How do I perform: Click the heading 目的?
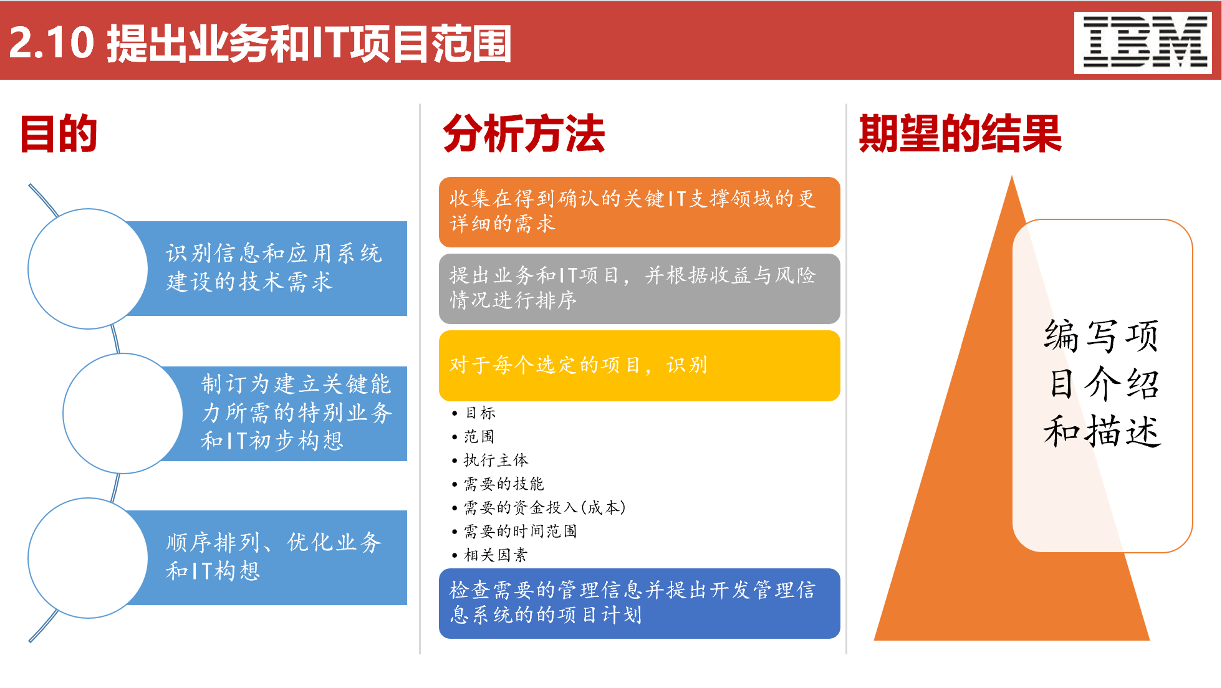(59, 133)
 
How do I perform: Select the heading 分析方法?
(524, 133)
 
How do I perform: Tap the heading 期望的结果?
(960, 133)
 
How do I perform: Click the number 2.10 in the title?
(51, 44)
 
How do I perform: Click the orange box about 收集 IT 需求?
(639, 212)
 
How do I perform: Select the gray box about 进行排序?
(639, 288)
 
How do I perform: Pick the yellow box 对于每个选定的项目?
(639, 365)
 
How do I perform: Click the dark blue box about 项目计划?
(639, 603)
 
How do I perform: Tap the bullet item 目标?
(480, 413)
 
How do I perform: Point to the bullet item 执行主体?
(495, 461)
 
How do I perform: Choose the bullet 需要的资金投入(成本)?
(544, 508)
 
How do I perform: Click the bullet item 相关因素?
(495, 555)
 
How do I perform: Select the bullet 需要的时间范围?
(520, 532)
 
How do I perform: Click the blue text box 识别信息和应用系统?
(274, 268)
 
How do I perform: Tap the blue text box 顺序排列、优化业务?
(274, 557)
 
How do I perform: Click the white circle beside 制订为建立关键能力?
(122, 413)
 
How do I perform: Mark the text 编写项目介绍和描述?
(1102, 384)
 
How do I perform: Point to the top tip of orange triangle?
(1012, 179)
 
